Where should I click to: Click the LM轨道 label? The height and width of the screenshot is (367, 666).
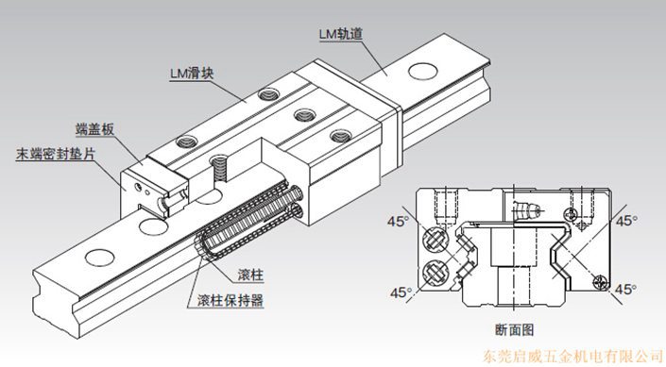pos(341,34)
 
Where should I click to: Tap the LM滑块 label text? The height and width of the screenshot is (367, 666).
pos(192,73)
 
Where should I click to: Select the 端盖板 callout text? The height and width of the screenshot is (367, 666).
pos(94,129)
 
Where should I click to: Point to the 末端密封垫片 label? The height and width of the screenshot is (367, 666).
pos(56,154)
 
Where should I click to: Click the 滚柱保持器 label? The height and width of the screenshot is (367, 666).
pos(231,300)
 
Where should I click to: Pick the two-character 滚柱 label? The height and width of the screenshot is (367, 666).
pos(250,275)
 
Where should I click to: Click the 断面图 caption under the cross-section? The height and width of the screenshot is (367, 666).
pos(514,329)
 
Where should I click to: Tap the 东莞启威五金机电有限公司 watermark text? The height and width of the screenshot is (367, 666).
pos(573,356)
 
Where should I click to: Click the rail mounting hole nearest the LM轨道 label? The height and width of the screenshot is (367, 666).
pos(423,71)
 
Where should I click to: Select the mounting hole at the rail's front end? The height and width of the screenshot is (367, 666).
pos(100,258)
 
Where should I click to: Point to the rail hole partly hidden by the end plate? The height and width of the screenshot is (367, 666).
pos(154,226)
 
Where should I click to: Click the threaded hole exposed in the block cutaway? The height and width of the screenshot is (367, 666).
pos(219,167)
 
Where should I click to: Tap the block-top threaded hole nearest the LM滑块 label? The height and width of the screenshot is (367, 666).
pos(269,93)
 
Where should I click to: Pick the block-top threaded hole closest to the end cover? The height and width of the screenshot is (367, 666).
pos(187,142)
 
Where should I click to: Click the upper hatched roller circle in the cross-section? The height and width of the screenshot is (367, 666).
pos(436,239)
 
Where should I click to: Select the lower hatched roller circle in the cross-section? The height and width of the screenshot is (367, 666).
pos(436,273)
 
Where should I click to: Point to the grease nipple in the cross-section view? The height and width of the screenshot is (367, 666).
pos(527,209)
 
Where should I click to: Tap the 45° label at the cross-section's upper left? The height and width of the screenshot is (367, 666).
pos(397,221)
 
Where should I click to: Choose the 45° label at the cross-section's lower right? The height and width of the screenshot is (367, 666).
pos(625,290)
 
